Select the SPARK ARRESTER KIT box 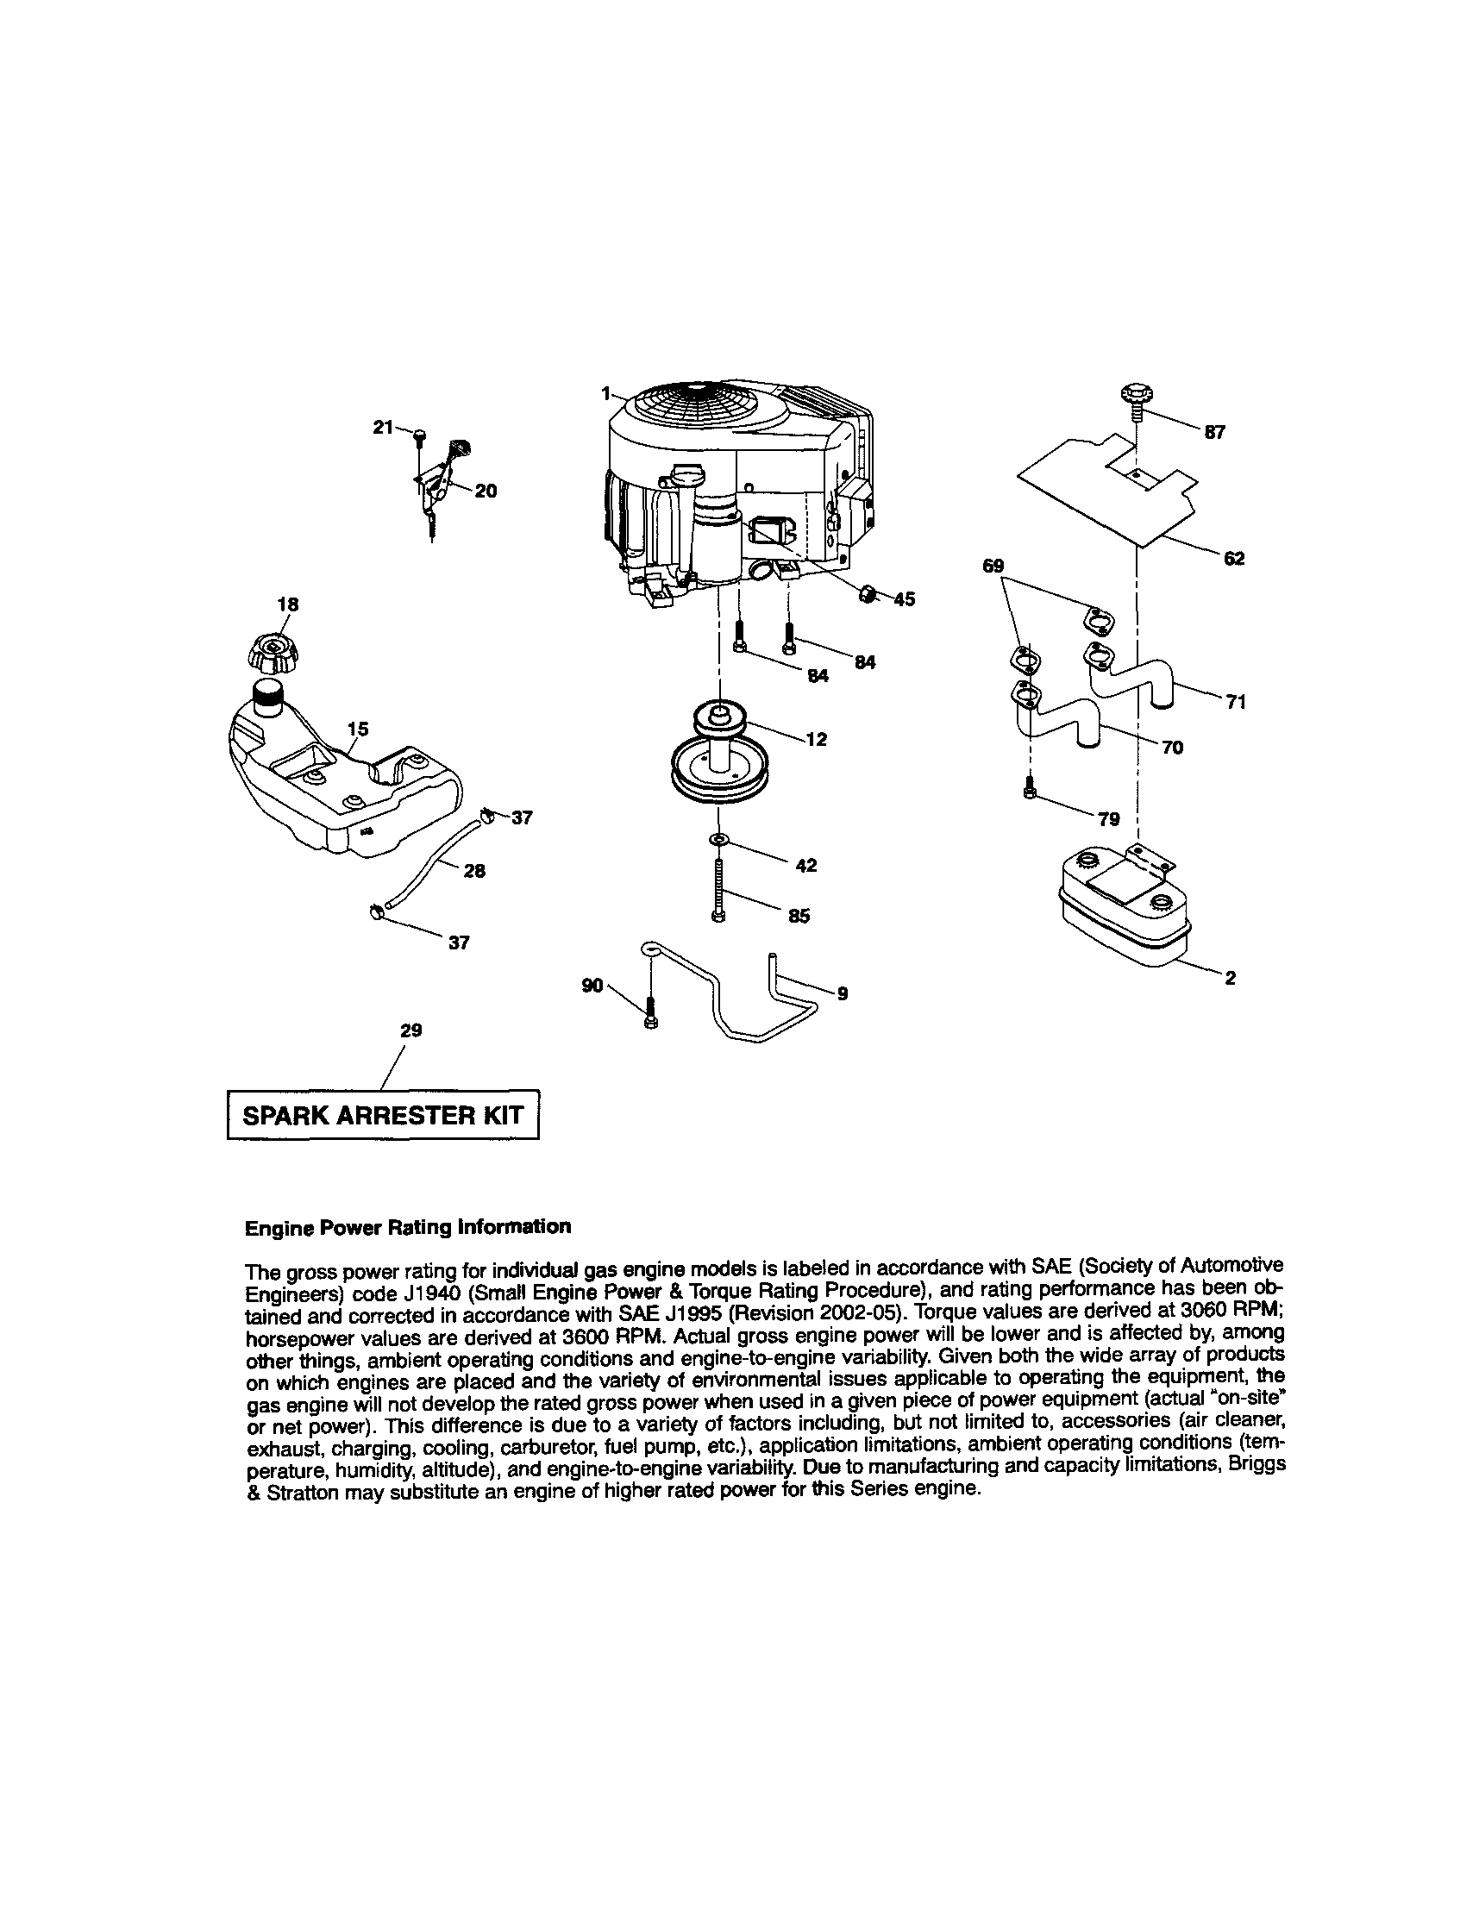(382, 1115)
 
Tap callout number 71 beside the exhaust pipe (1235, 701)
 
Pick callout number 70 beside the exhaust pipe (1172, 747)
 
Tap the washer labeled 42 (718, 841)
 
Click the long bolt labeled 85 (718, 888)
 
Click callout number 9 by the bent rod (843, 993)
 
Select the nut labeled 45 (866, 594)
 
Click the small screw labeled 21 (421, 435)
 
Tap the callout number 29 (411, 1030)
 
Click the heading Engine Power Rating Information (408, 1226)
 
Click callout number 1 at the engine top (605, 394)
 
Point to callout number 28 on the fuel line (474, 870)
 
